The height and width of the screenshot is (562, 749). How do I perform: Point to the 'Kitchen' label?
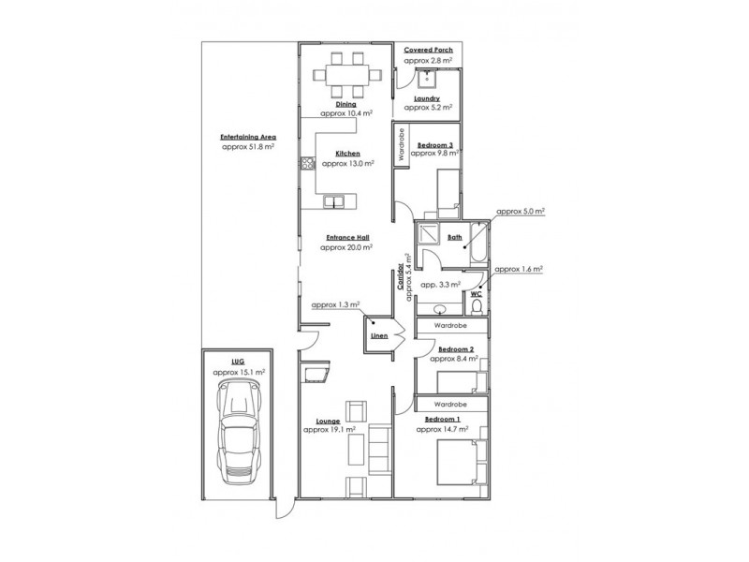[x=347, y=153]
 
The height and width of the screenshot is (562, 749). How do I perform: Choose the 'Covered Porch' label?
[x=429, y=49]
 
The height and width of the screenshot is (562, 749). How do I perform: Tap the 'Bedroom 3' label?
[x=435, y=144]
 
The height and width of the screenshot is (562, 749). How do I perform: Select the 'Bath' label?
[x=454, y=238]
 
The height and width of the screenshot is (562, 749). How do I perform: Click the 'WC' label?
[x=476, y=293]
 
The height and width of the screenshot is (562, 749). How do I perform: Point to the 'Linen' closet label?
[x=379, y=334]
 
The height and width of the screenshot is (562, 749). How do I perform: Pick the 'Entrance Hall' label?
[x=346, y=238]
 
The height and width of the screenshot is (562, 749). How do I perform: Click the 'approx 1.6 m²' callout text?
[x=519, y=269]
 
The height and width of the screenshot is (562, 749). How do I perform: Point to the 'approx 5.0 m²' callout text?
[x=520, y=213]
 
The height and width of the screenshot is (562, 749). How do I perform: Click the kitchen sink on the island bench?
[x=336, y=200]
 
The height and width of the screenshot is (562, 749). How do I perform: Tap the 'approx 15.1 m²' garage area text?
[x=238, y=372]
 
